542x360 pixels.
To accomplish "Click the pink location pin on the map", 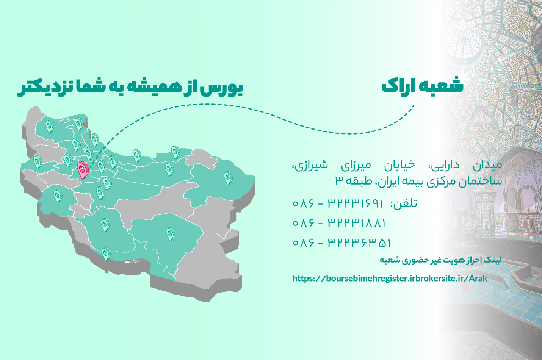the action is pyautogui.click(x=83, y=170).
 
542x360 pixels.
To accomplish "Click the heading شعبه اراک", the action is pyautogui.click(x=423, y=86).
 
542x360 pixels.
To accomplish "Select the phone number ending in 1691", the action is pyautogui.click(x=338, y=203).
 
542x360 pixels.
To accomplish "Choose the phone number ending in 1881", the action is pyautogui.click(x=339, y=223).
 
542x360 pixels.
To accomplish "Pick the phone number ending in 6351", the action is pyautogui.click(x=341, y=243).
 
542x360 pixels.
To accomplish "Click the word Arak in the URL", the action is pyautogui.click(x=478, y=279).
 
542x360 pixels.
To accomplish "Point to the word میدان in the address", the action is pyautogui.click(x=487, y=166).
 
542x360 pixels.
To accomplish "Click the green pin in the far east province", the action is pyautogui.click(x=228, y=178).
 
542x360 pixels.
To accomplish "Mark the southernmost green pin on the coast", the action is pyautogui.click(x=106, y=254).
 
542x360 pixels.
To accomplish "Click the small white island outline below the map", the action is pyautogui.click(x=133, y=261).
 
